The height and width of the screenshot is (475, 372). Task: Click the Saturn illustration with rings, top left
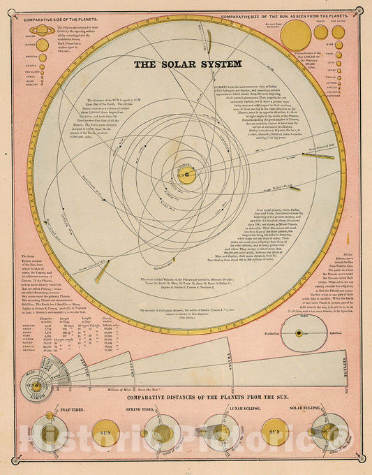[43, 30]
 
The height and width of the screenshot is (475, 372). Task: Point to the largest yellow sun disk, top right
[296, 34]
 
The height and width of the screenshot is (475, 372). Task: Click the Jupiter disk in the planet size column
[43, 45]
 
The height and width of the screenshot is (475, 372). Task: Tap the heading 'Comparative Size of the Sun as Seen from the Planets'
[295, 15]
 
